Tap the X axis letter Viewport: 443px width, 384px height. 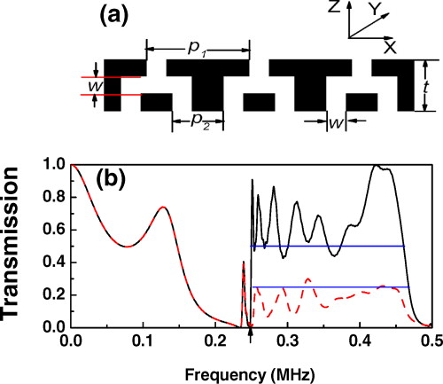coord(390,47)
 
